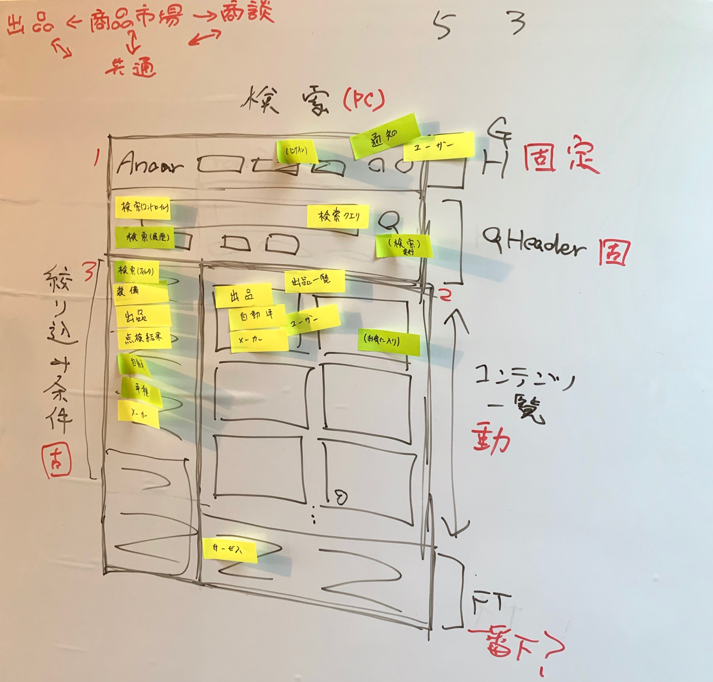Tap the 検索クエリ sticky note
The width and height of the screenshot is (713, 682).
click(338, 216)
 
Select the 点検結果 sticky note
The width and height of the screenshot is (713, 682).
click(144, 338)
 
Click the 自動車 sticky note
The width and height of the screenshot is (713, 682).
click(257, 315)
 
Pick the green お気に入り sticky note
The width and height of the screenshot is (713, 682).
click(388, 341)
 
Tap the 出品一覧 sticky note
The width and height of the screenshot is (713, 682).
click(314, 281)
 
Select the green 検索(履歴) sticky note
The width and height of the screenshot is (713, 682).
click(147, 238)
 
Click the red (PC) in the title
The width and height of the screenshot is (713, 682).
click(364, 100)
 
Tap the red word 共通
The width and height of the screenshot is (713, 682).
click(131, 67)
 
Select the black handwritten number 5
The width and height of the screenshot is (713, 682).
click(444, 25)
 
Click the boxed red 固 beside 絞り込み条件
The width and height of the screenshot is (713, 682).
click(56, 460)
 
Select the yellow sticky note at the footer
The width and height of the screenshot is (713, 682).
click(230, 549)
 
